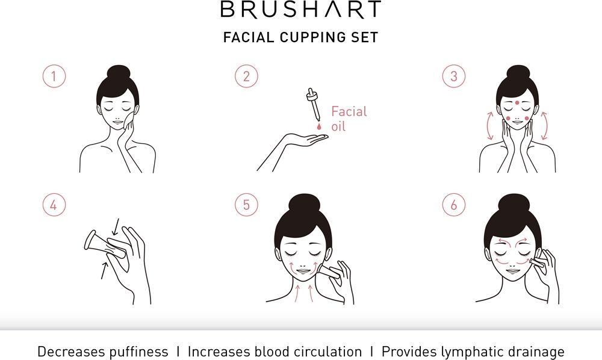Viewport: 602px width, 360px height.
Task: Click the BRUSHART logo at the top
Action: (x=301, y=10)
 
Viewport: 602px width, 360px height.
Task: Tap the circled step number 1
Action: (x=54, y=76)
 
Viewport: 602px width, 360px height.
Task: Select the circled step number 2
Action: (x=246, y=76)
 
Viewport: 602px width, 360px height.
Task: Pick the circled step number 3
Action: (x=454, y=76)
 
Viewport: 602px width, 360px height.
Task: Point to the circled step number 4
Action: (x=54, y=205)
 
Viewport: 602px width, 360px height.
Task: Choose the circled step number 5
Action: (x=246, y=205)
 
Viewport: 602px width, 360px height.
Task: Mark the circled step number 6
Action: (x=454, y=205)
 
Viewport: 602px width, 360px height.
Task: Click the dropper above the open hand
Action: (x=314, y=104)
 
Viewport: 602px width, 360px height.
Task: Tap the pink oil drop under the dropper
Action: (x=318, y=126)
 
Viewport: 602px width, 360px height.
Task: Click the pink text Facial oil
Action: (x=349, y=119)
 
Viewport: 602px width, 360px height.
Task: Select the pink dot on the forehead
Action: (x=517, y=102)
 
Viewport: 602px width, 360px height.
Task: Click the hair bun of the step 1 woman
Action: (x=119, y=72)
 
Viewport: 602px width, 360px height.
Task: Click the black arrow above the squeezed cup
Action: (x=116, y=226)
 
